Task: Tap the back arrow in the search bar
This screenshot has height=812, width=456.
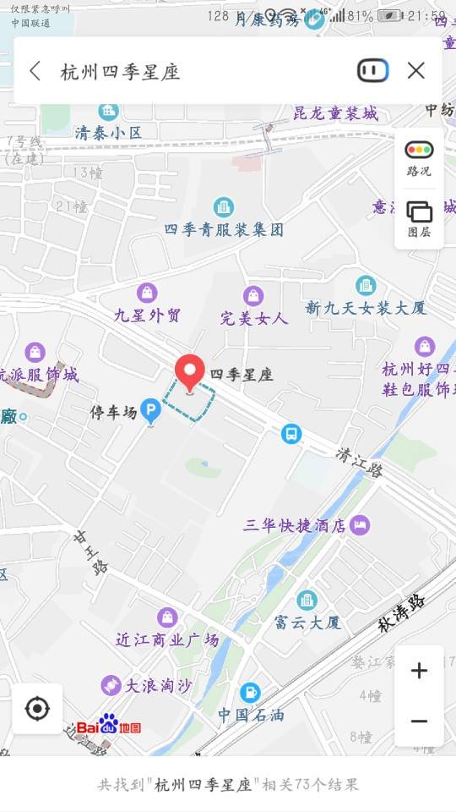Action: tap(35, 71)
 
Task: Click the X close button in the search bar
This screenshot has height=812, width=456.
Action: tap(415, 71)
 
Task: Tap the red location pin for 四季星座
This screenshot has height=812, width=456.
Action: tap(189, 373)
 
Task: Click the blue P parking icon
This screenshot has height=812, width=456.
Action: tap(150, 412)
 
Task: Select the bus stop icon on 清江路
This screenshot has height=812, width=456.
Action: tap(291, 434)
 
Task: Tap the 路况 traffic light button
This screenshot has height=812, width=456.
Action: tap(419, 157)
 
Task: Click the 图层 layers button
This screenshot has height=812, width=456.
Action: tap(419, 218)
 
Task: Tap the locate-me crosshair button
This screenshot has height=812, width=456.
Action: tap(37, 708)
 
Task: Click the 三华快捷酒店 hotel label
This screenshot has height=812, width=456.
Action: tap(295, 525)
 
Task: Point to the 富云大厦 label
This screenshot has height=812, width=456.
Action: tap(307, 623)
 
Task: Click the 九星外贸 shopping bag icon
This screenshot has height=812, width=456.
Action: tap(148, 294)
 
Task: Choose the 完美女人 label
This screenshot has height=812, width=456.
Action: tap(254, 318)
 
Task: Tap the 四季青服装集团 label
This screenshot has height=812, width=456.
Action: tap(224, 229)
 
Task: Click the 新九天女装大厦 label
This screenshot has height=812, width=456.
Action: tap(366, 307)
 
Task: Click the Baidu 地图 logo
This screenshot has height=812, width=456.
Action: tap(109, 726)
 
